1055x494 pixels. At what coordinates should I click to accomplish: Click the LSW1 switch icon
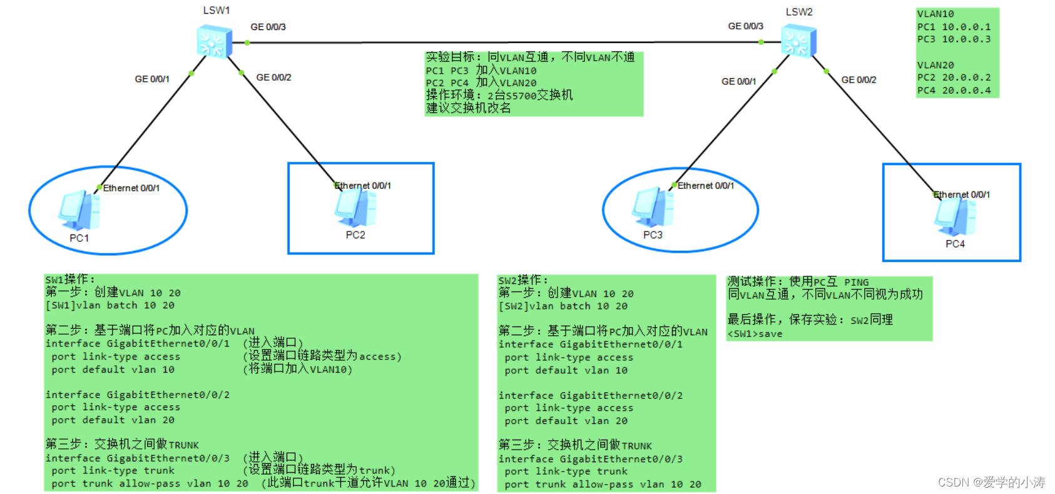click(x=213, y=42)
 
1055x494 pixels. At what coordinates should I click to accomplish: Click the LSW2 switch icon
click(x=798, y=42)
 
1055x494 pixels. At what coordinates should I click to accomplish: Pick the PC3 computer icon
click(x=652, y=207)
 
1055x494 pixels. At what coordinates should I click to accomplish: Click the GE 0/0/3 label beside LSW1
click(x=268, y=27)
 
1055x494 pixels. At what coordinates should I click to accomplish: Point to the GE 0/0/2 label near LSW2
click(x=859, y=80)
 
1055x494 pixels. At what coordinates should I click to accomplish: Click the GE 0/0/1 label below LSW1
click(x=152, y=79)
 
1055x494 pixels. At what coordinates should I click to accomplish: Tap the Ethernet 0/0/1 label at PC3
click(x=705, y=186)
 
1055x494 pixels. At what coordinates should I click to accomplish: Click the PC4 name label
click(x=955, y=244)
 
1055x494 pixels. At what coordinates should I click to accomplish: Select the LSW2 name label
click(x=799, y=12)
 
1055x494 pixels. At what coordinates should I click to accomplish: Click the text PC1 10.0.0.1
click(x=954, y=27)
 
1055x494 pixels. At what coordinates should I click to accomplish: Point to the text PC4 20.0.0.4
click(x=954, y=90)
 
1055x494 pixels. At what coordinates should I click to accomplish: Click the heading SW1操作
click(x=69, y=280)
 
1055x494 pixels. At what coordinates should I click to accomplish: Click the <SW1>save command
click(x=755, y=334)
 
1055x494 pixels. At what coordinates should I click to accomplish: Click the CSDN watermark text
click(x=991, y=482)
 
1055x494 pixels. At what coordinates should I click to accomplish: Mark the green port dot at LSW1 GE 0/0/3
click(x=247, y=43)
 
